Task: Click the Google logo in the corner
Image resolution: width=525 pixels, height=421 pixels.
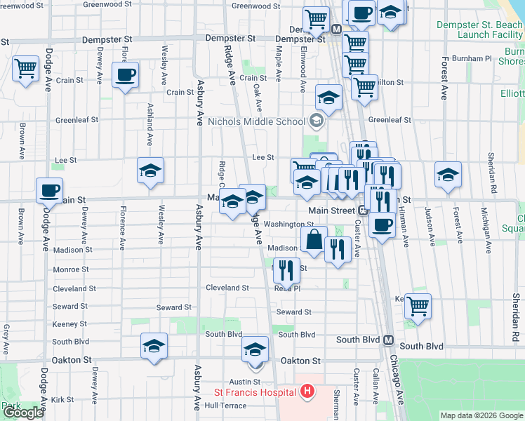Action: pyautogui.click(x=23, y=413)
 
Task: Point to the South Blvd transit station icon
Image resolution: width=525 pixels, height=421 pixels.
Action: pyautogui.click(x=387, y=340)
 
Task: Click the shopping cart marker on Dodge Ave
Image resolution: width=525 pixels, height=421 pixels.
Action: pyautogui.click(x=26, y=69)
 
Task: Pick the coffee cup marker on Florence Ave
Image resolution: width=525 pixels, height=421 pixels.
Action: pyautogui.click(x=125, y=74)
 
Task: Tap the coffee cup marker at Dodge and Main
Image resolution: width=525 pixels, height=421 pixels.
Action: pyautogui.click(x=49, y=190)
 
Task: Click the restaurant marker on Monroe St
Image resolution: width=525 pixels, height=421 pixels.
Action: pyautogui.click(x=286, y=270)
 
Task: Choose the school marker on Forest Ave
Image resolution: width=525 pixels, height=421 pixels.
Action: pyautogui.click(x=448, y=175)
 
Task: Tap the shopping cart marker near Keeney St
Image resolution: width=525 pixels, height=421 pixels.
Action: pyautogui.click(x=418, y=306)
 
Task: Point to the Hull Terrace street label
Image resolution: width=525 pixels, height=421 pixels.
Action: pyautogui.click(x=226, y=406)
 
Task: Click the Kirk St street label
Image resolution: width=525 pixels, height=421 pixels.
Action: pyautogui.click(x=63, y=399)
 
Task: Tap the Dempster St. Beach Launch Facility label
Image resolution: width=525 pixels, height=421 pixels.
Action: pyautogui.click(x=479, y=29)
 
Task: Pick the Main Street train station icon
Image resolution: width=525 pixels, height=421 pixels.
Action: pyautogui.click(x=363, y=210)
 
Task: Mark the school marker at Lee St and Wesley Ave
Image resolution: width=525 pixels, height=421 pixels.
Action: pyautogui.click(x=150, y=171)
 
